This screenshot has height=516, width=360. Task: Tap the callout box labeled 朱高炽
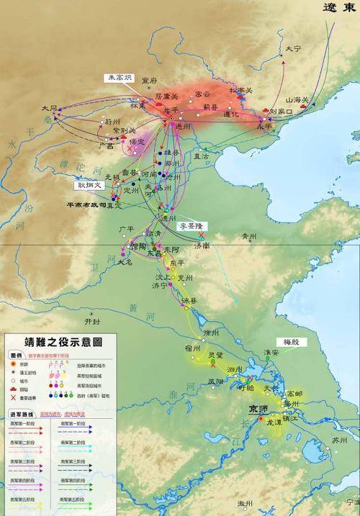point(118,78)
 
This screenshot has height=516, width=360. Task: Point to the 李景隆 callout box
point(192,226)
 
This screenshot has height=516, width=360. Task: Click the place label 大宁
point(292,49)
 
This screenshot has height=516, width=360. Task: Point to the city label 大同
point(50,108)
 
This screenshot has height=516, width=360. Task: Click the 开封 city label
point(93,321)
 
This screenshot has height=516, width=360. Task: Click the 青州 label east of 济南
point(249,235)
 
